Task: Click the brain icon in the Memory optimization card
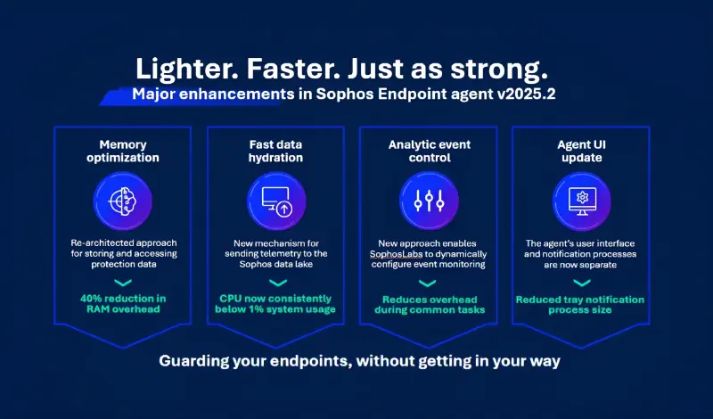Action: tap(122, 200)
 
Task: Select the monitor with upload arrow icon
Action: tap(275, 200)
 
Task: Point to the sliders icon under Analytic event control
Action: tap(430, 200)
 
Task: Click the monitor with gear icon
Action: tap(581, 200)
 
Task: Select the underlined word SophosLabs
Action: tap(399, 254)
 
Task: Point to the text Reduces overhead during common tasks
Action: tap(430, 304)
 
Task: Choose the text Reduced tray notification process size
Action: tap(581, 304)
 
